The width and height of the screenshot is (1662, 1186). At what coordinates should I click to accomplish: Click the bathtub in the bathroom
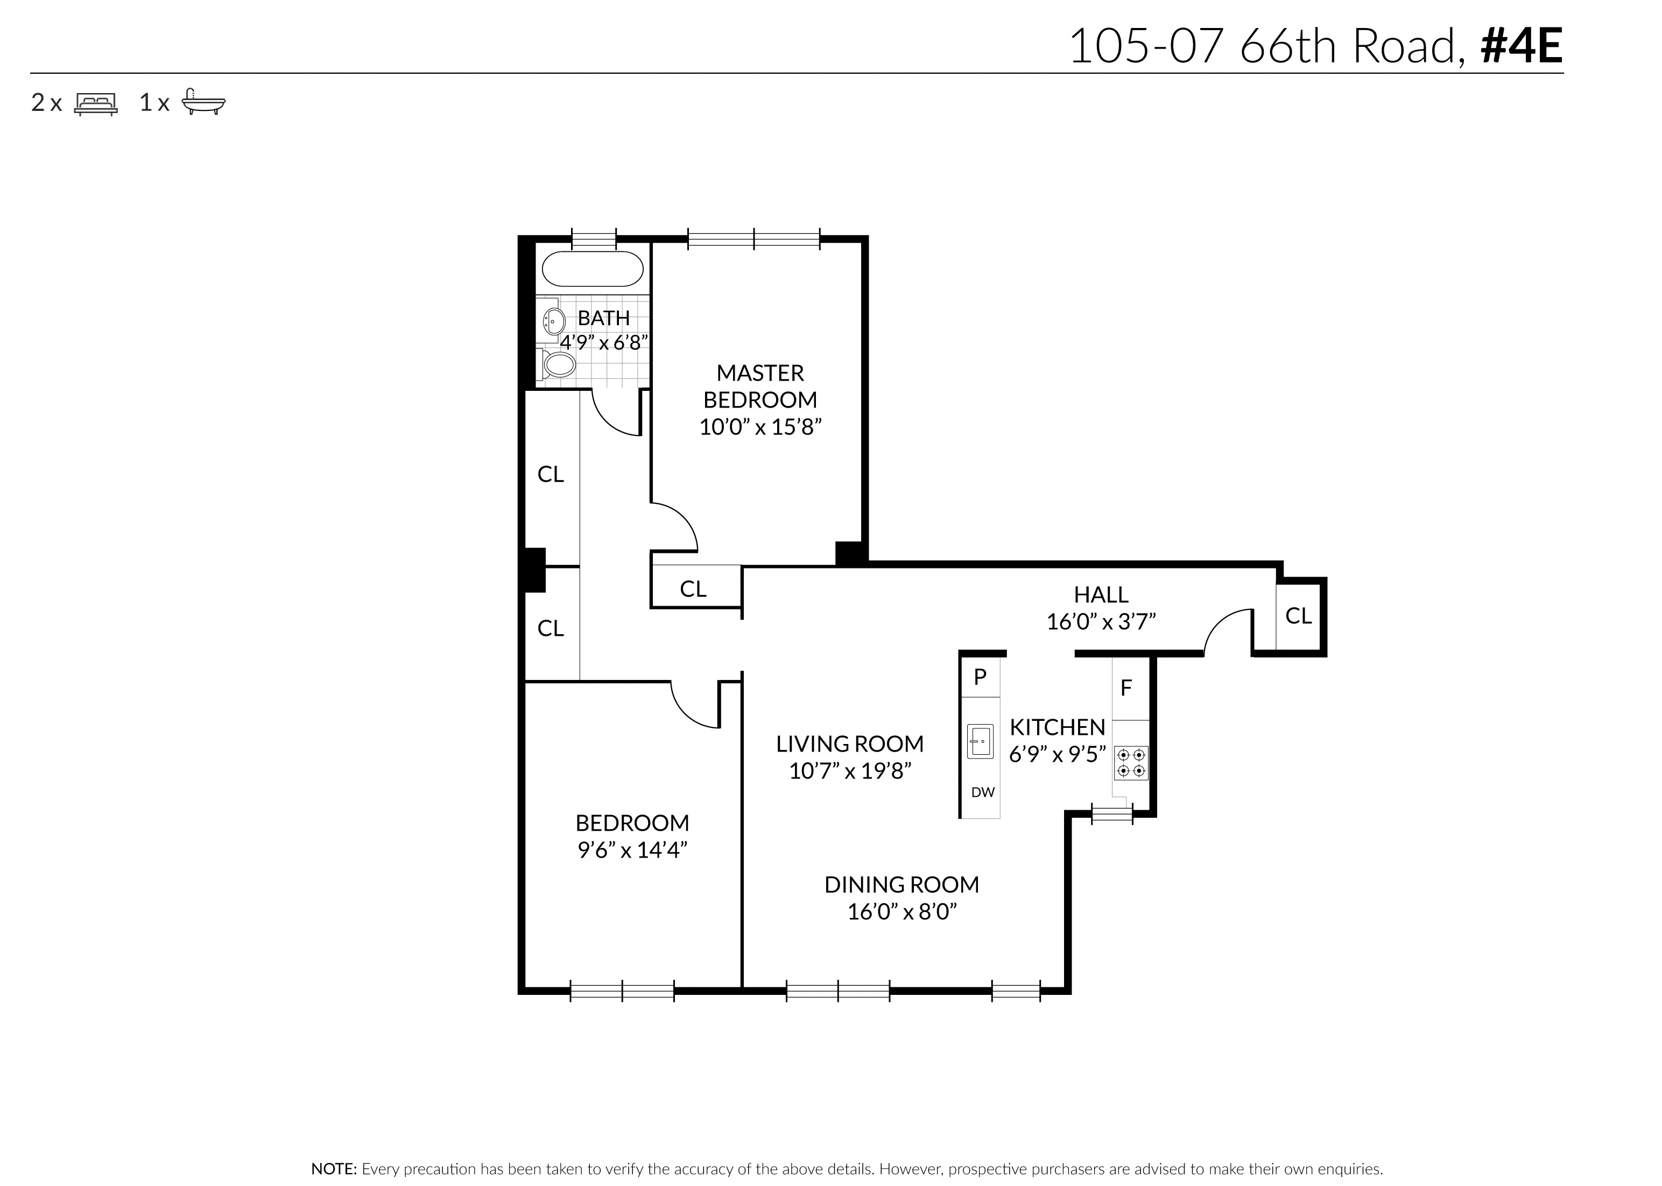592,269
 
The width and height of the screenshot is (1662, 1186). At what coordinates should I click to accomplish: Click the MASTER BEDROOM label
760,387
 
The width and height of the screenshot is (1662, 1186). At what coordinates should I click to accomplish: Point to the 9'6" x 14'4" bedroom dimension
632,850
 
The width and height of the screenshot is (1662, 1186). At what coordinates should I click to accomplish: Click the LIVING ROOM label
850,744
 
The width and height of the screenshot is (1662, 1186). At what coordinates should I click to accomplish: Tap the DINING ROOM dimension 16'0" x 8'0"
902,912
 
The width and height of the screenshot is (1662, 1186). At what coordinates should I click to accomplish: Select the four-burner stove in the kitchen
1131,762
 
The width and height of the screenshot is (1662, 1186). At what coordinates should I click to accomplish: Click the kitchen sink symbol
980,741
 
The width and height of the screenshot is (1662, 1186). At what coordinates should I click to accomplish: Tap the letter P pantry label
980,676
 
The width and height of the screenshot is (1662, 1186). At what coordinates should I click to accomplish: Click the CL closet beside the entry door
1298,616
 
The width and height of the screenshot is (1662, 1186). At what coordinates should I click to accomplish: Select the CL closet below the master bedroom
693,588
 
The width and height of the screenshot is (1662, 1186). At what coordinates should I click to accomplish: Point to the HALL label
1101,594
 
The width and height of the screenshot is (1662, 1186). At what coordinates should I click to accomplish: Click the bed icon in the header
96,104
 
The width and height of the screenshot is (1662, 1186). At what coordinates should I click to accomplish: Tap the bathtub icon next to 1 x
203,102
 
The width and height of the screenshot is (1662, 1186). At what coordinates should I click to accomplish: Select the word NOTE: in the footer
334,1168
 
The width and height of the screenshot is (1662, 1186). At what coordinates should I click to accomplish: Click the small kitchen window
1111,813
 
